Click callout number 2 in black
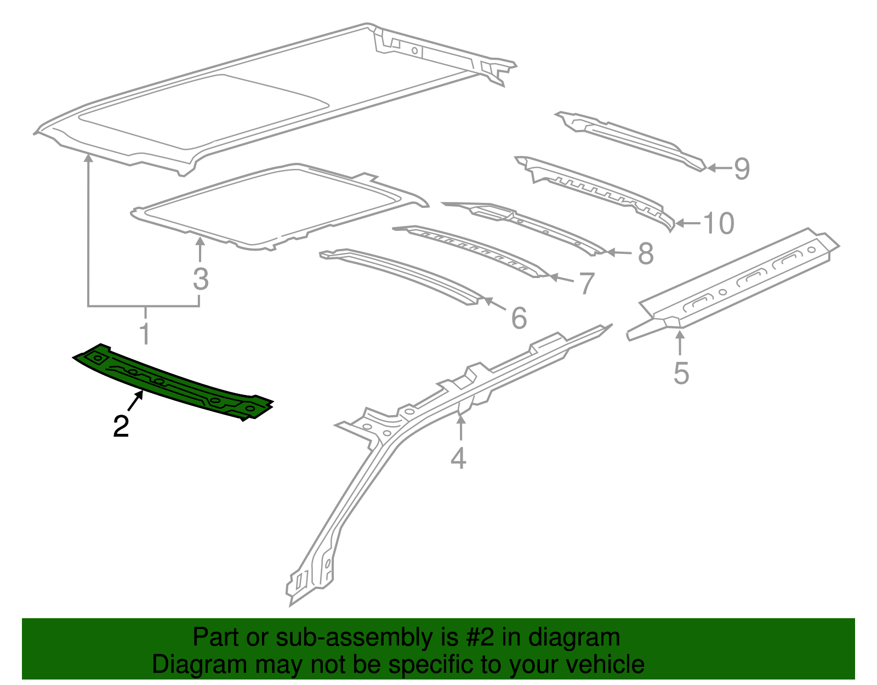[x=121, y=426]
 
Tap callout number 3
[x=201, y=279]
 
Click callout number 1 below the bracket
[x=145, y=333]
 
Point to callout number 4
[x=458, y=458]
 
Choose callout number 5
[x=681, y=373]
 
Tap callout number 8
[x=646, y=254]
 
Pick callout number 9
[x=741, y=168]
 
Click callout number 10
[x=718, y=223]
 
